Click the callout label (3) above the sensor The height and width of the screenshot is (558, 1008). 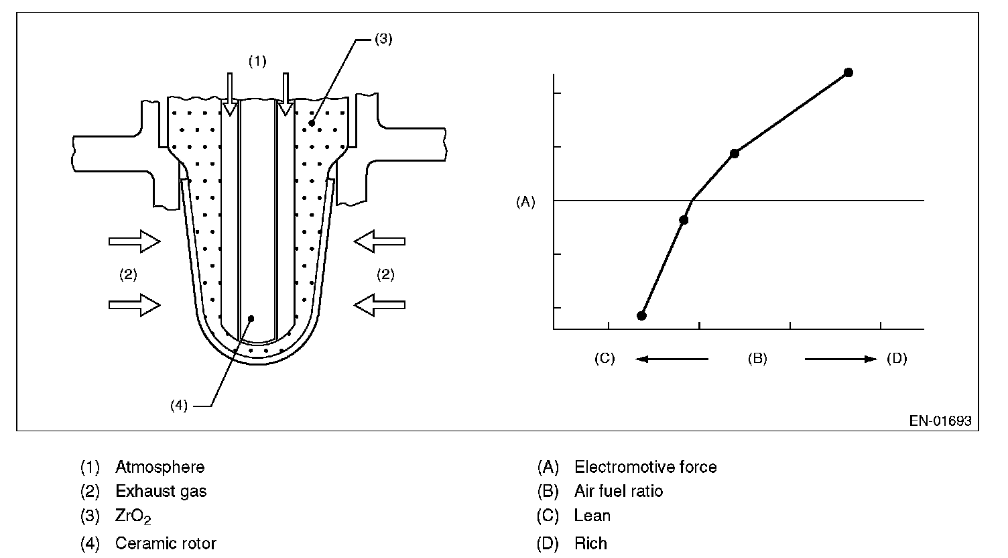click(x=383, y=39)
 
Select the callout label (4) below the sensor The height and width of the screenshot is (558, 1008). click(x=179, y=406)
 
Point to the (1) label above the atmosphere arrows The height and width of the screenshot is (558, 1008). click(x=257, y=62)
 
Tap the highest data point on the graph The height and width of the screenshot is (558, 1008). click(x=848, y=72)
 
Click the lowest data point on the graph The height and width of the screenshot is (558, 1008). click(x=641, y=315)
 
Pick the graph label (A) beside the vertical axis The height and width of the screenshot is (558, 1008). click(x=525, y=201)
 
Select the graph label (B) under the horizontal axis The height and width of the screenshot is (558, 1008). click(x=757, y=359)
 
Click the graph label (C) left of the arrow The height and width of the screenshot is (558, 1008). click(x=604, y=359)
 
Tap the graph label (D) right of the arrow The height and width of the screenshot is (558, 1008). click(x=897, y=359)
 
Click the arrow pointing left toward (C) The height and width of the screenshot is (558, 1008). click(x=672, y=359)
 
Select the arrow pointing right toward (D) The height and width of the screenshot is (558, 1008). click(x=840, y=359)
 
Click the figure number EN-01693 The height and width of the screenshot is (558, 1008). click(x=940, y=421)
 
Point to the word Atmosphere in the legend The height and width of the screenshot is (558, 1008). click(x=160, y=467)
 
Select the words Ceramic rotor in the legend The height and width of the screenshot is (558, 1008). click(x=166, y=543)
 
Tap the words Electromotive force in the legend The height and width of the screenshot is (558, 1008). click(x=645, y=467)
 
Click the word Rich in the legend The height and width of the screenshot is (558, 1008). click(x=590, y=543)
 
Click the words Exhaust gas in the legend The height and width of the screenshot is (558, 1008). click(x=161, y=492)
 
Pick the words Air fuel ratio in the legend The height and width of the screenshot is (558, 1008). click(x=619, y=492)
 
